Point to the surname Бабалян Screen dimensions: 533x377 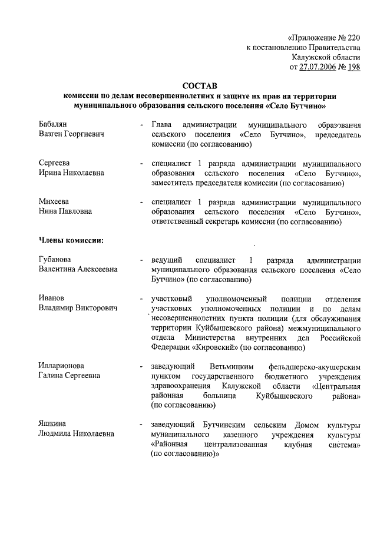coord(54,125)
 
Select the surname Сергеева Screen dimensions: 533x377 coord(54,163)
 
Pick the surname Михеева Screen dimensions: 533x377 coord(54,201)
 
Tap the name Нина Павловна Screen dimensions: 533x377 coord(65,211)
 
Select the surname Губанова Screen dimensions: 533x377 coord(55,260)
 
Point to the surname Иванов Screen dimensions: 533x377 coord(51,298)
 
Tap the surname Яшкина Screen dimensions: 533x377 coord(52,423)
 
